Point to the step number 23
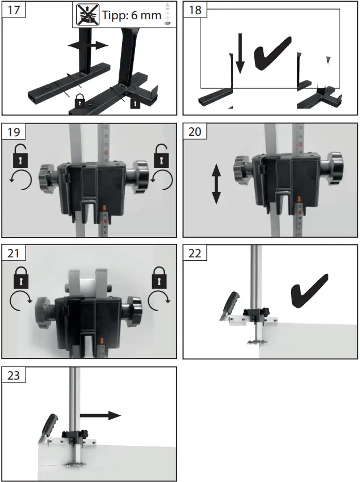coord(12,376)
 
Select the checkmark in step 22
coord(309,290)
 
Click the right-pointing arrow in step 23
coord(99,415)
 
